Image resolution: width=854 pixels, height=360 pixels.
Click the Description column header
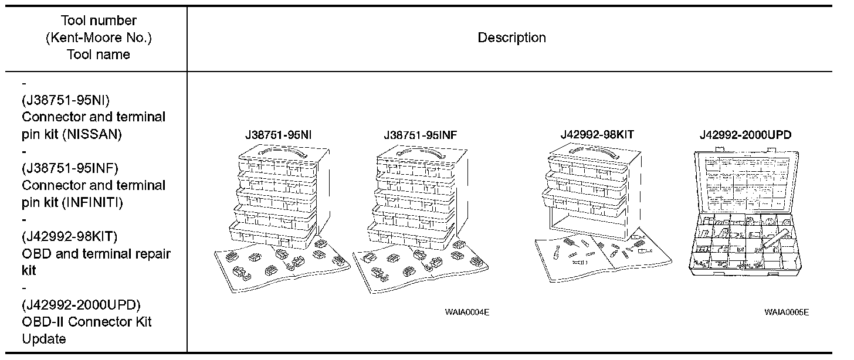[511, 38]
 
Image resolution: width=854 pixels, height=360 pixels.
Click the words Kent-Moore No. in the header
[99, 38]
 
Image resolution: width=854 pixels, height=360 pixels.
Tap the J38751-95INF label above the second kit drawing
[421, 135]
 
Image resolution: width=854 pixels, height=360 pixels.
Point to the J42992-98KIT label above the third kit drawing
[597, 135]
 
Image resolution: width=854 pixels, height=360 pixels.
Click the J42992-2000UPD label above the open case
[745, 135]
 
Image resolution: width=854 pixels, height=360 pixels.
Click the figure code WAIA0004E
[467, 313]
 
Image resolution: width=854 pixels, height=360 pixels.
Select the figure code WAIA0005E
[786, 313]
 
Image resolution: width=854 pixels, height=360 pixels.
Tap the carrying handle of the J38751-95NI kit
[277, 152]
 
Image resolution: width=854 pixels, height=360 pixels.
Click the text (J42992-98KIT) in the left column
[69, 237]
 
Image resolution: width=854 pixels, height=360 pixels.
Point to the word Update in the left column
[44, 339]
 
